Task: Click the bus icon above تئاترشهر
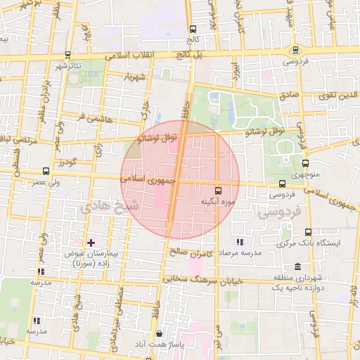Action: coord(66,54)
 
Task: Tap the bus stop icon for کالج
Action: coord(193,29)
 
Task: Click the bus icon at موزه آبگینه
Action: coord(217,190)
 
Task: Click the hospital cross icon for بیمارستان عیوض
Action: coord(90,242)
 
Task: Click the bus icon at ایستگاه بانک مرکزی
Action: coord(307,232)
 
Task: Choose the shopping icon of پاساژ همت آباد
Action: coord(160,334)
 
